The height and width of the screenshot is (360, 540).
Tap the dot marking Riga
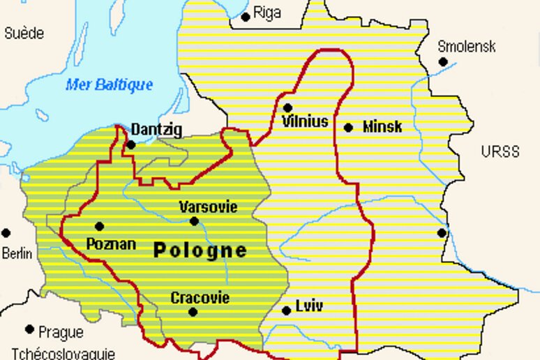[x=246, y=17]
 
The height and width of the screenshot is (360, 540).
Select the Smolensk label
[x=467, y=47]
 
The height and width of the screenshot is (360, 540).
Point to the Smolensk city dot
[x=443, y=62]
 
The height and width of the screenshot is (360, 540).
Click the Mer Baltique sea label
[x=109, y=85]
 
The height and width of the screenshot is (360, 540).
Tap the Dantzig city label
[x=156, y=129]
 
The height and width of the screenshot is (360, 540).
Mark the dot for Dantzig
[x=131, y=145]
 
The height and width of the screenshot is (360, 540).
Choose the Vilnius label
[x=305, y=122]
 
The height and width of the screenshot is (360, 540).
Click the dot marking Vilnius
[x=287, y=107]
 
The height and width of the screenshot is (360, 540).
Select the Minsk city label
[x=382, y=127]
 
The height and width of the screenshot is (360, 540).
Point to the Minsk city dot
[x=348, y=127]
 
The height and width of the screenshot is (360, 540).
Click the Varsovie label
[x=208, y=207]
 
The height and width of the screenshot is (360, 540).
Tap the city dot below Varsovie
[x=194, y=221]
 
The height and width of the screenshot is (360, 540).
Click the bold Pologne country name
[x=200, y=250]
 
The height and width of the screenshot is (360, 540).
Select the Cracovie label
[x=200, y=298]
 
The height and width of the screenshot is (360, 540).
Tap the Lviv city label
[x=309, y=306]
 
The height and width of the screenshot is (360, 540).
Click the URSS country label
[x=500, y=151]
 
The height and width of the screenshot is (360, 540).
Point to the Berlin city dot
[x=6, y=233]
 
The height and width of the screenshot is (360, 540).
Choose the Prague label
[x=61, y=332]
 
